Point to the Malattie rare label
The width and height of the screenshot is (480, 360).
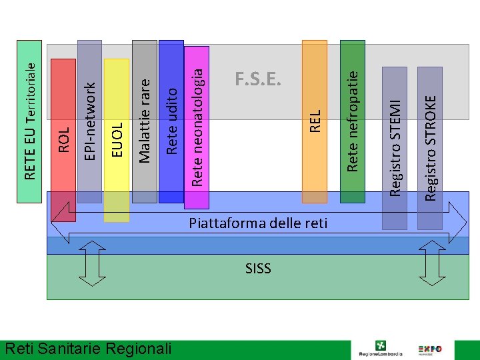tap(145, 119)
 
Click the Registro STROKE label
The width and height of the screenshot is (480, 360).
tap(432, 147)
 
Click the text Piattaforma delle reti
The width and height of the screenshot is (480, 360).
tap(258, 223)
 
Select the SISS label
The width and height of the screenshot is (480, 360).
tap(258, 269)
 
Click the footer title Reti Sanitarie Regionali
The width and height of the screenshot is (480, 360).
tap(87, 349)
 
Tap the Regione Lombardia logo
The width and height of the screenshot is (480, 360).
tap(380, 349)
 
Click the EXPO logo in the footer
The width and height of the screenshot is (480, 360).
tap(431, 349)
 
